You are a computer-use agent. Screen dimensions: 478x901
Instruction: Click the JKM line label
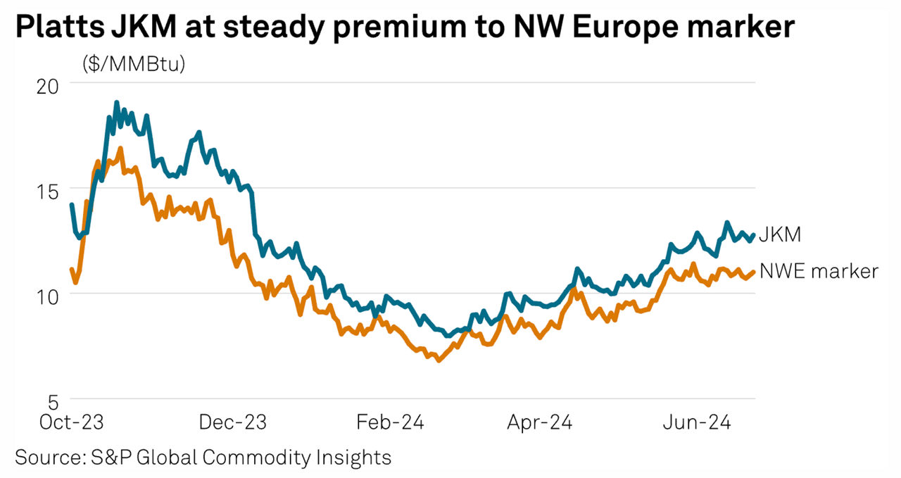point(780,235)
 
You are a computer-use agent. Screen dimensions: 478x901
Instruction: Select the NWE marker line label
point(819,271)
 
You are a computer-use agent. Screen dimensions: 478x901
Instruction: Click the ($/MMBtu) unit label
point(134,65)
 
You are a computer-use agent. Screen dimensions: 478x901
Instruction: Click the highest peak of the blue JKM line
point(117,103)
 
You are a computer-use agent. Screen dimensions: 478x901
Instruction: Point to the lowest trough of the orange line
point(439,360)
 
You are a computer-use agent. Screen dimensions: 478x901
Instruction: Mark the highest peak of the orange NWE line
point(120,149)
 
